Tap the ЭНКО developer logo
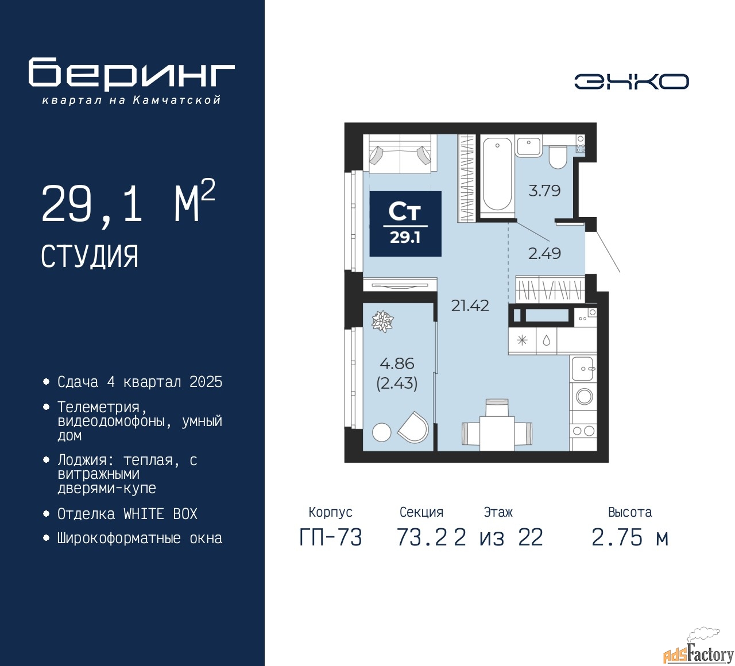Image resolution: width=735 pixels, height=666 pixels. (631, 82)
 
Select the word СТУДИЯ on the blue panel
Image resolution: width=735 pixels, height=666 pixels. (90, 257)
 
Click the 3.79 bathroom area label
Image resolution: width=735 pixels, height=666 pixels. (544, 191)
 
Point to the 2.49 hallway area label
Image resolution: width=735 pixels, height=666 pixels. (544, 253)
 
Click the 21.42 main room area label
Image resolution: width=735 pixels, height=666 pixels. (470, 305)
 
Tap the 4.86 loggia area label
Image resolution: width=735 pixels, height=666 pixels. (397, 363)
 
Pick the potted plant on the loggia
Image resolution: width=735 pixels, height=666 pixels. (382, 322)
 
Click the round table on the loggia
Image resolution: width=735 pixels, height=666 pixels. (382, 432)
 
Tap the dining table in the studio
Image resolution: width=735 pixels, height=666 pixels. (497, 433)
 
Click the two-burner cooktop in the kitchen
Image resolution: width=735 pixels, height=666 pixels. (583, 431)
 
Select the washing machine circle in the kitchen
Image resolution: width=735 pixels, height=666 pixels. (584, 396)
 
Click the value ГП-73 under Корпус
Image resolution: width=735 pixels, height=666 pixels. (331, 537)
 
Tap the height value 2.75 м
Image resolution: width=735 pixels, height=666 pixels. (630, 537)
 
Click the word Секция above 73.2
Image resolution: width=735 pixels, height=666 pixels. (421, 512)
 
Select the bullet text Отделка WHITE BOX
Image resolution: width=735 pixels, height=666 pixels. (127, 514)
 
